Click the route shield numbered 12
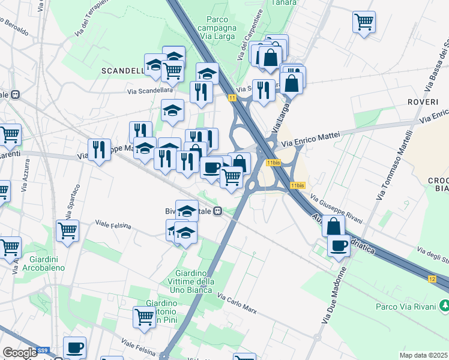[x=432, y=279]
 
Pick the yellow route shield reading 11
[x=232, y=97]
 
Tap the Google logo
[x=20, y=353]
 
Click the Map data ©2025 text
[x=423, y=355]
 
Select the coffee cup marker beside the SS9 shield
[x=74, y=347]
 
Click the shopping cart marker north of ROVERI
[x=364, y=22]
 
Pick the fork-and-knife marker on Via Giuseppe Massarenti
[x=99, y=150]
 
